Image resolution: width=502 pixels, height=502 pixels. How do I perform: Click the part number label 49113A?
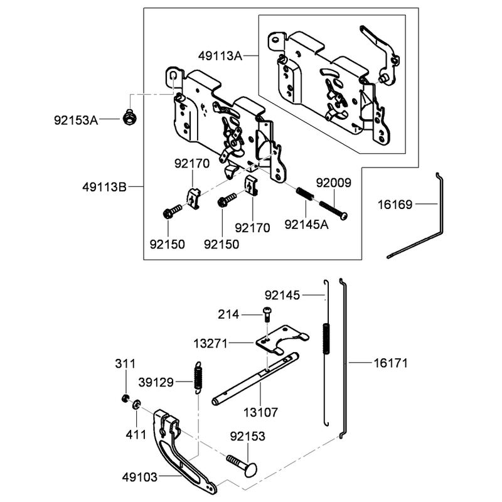click(220, 56)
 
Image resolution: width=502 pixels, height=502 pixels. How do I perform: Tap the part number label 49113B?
click(105, 187)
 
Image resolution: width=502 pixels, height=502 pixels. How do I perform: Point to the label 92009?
click(334, 183)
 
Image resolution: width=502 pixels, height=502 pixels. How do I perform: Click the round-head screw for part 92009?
click(333, 210)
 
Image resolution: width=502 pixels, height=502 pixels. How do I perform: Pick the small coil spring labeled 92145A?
click(304, 195)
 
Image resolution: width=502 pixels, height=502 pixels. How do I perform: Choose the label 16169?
click(395, 205)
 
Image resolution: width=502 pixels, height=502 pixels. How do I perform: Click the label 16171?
click(391, 363)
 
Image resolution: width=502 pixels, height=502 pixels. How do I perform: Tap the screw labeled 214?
click(267, 314)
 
